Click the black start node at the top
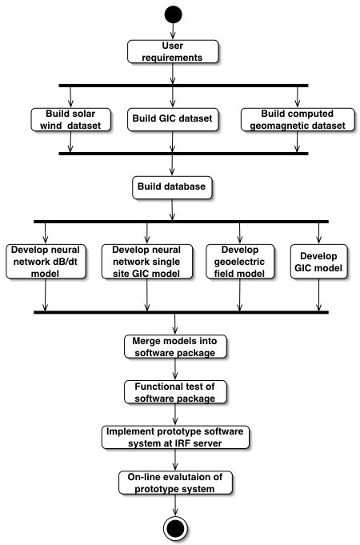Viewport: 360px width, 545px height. pos(173,14)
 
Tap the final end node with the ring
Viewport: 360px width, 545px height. pos(175,528)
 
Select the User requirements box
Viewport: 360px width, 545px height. pos(173,51)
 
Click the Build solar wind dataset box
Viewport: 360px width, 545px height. pos(70,119)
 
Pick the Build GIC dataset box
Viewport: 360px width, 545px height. pos(173,119)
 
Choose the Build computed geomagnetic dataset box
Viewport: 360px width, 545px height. pos(298,119)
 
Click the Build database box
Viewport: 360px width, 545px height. pos(172,187)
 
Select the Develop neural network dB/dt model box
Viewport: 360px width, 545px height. pos(46,262)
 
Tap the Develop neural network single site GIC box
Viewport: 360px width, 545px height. pos(146,262)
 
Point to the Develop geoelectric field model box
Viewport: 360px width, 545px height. pos(240,262)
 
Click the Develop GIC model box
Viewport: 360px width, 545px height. pos(318,262)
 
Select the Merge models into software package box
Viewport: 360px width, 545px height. pos(175,347)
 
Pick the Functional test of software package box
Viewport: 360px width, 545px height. pos(175,392)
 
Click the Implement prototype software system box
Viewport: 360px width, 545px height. pos(175,437)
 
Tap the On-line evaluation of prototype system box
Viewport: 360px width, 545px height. pos(175,483)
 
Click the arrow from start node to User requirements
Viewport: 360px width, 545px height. pos(173,32)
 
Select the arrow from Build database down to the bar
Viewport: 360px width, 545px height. pos(172,210)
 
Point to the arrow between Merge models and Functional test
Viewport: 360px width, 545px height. pos(175,369)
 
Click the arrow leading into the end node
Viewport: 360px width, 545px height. pos(175,505)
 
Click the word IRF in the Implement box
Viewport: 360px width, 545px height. pos(176,443)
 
